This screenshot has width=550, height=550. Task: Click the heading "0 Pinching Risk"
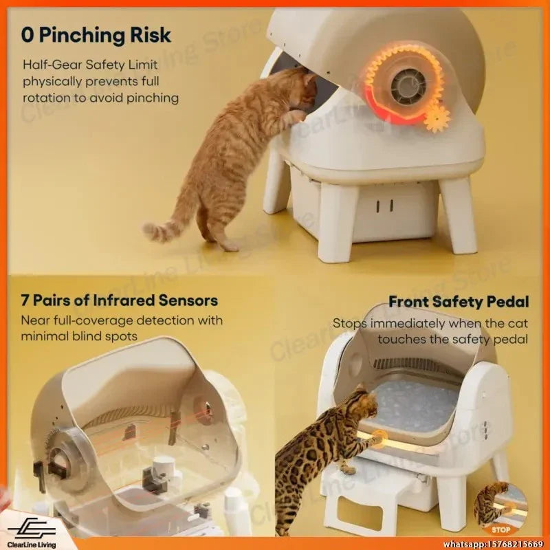[x=96, y=36]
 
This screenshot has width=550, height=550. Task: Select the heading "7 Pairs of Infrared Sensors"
[x=119, y=300]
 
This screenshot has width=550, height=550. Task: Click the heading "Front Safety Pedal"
[x=459, y=302]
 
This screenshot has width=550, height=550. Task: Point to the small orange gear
[x=437, y=118]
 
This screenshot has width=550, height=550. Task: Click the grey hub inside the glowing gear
[x=408, y=86]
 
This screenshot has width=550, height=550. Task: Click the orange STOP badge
[x=501, y=529]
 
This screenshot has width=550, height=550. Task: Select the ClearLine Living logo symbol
[x=32, y=527]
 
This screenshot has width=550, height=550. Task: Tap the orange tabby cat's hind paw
[x=229, y=247]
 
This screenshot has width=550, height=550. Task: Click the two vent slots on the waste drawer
[x=385, y=206]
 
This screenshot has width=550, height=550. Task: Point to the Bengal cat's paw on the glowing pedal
[x=379, y=438]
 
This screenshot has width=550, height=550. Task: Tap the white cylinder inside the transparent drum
[x=164, y=467]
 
